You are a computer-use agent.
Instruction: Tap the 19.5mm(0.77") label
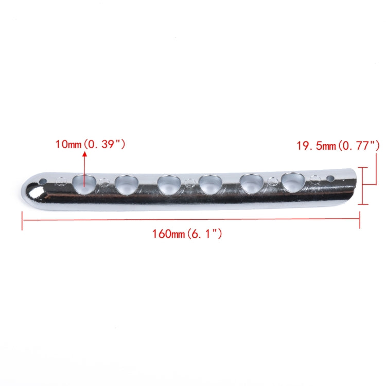[x=338, y=146]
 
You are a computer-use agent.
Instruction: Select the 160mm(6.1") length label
[x=187, y=234]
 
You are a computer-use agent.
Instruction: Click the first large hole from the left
[x=84, y=184]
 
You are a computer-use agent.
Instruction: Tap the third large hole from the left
[x=169, y=184]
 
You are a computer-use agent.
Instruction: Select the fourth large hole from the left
[x=210, y=184]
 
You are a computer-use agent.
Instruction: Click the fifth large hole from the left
[x=251, y=183]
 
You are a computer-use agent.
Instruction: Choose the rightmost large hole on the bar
[x=292, y=182]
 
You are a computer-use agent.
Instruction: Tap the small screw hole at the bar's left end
[x=44, y=182]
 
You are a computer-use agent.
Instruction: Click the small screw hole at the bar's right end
[x=329, y=179]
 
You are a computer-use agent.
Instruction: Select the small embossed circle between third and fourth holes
[x=190, y=182]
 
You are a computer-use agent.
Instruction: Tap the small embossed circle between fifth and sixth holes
[x=272, y=181]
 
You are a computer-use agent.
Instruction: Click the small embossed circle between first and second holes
[x=104, y=182]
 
